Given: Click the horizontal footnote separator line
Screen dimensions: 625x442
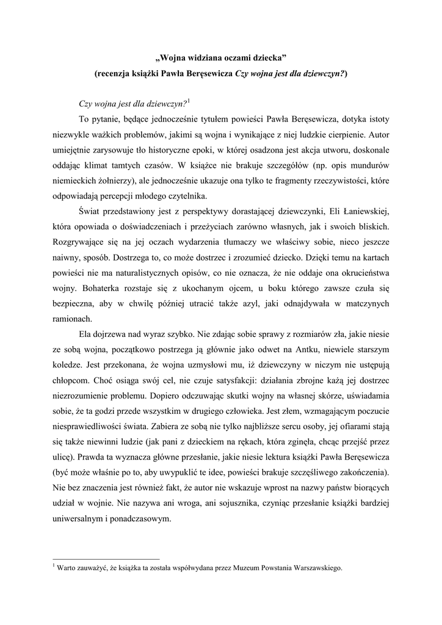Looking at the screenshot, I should pyautogui.click(x=106, y=558).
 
